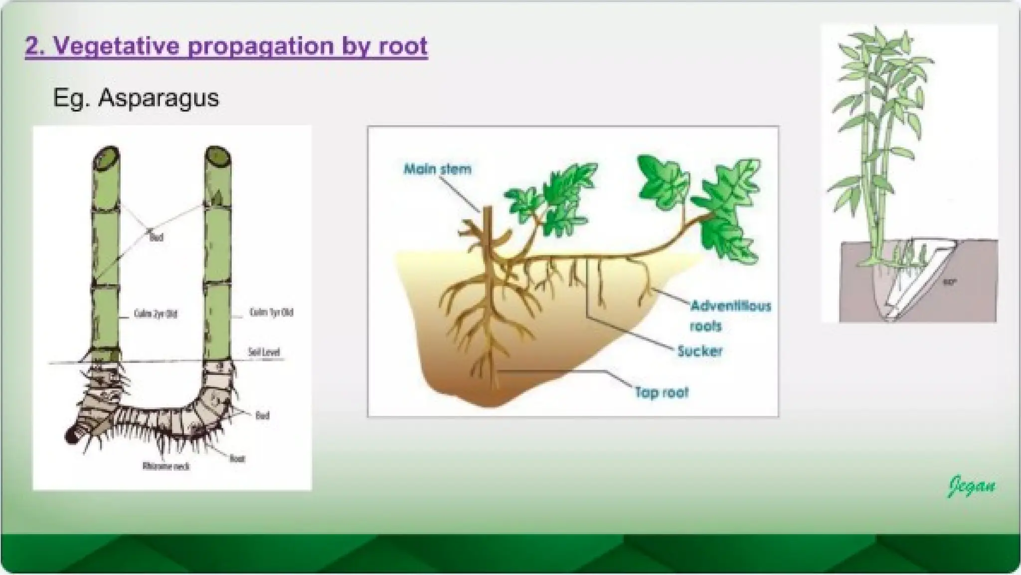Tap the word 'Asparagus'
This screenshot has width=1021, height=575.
(x=158, y=98)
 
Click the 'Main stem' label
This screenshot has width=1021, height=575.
(x=437, y=169)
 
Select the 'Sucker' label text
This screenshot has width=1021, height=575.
(x=699, y=351)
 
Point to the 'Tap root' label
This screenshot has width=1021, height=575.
(x=661, y=392)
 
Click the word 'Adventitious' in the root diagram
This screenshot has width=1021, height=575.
(x=730, y=305)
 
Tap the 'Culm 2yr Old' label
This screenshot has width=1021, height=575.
(x=156, y=314)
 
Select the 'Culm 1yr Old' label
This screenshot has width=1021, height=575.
(x=271, y=312)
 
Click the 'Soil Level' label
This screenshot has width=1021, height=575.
(x=264, y=352)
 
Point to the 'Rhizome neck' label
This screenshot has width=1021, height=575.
(x=166, y=466)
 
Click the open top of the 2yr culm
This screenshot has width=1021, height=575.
(x=106, y=159)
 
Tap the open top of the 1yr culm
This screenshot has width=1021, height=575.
(x=218, y=158)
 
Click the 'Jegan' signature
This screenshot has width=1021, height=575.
(x=971, y=486)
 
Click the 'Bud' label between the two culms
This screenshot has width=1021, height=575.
(x=156, y=238)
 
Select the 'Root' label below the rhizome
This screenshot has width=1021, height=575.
(x=237, y=458)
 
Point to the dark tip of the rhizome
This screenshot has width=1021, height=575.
(x=71, y=436)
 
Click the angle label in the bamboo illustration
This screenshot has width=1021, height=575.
(x=949, y=283)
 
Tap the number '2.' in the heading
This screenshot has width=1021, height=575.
(x=35, y=46)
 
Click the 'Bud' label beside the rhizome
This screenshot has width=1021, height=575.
(x=262, y=415)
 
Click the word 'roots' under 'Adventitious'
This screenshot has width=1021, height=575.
(x=705, y=326)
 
